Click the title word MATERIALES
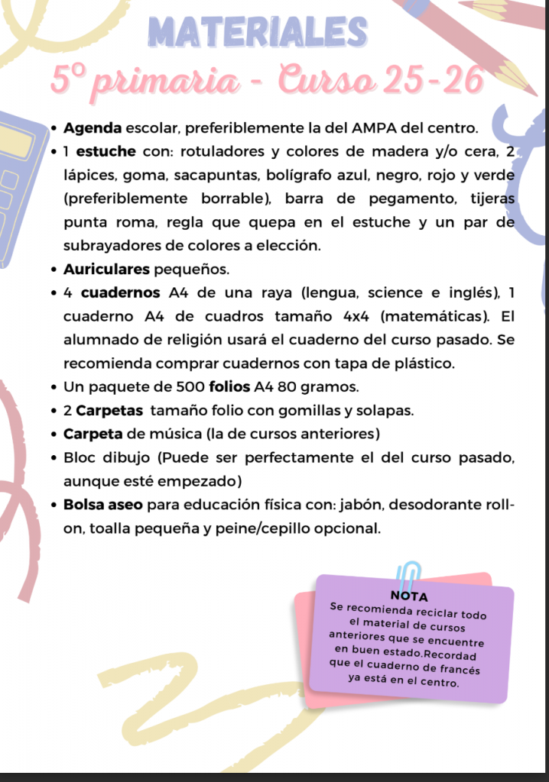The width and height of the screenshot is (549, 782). coord(259,32)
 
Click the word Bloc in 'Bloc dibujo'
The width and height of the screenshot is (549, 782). coord(80,458)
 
